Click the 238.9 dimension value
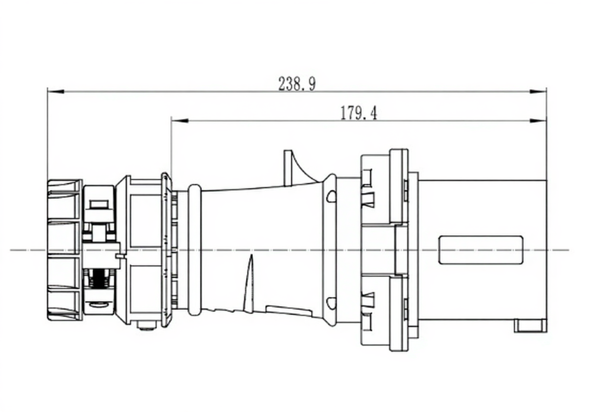point(296,84)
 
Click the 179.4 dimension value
point(358,113)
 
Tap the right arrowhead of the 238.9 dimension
point(538,91)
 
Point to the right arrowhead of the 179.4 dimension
point(538,120)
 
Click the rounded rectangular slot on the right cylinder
point(480,250)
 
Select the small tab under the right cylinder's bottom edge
point(530,326)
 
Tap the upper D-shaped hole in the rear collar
point(331,196)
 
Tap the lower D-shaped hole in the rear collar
point(331,303)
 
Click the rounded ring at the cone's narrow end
point(195,250)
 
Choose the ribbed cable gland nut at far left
point(64,250)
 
